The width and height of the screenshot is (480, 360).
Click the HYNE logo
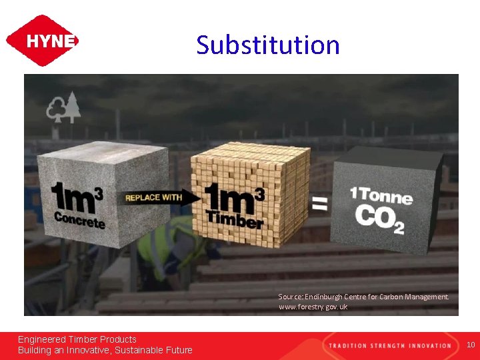42,41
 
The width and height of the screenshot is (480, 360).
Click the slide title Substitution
268,45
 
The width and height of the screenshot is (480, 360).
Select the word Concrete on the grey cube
79,219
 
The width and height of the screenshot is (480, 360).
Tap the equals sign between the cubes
320,203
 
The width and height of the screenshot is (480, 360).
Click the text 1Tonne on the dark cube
381,196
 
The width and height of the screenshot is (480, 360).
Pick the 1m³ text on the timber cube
233,196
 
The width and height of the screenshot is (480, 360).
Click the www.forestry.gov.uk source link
313,307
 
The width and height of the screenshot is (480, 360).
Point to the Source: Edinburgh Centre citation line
363,297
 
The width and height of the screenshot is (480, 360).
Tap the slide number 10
471,345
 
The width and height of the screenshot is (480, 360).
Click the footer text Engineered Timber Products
77,339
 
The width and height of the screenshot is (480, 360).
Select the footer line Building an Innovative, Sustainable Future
105,350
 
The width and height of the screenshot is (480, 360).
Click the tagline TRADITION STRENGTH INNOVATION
389,345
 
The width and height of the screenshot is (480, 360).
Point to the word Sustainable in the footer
141,350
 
